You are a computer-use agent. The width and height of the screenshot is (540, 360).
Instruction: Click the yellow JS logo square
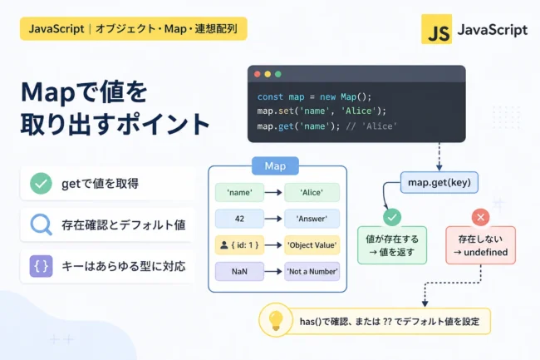click(436, 29)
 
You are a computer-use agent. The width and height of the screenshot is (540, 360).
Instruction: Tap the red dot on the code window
click(258, 74)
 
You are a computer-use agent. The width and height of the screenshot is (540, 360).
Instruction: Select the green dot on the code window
click(278, 74)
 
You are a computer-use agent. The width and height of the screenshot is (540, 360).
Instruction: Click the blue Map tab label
click(275, 166)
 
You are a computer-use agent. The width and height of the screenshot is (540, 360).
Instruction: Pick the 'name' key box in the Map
click(239, 192)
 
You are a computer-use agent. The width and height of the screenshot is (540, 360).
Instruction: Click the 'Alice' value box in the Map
click(312, 192)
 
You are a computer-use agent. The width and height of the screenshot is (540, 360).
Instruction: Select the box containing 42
click(239, 219)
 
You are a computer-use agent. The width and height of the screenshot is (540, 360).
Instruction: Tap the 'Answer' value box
click(312, 219)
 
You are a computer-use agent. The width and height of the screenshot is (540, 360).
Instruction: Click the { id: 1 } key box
click(239, 245)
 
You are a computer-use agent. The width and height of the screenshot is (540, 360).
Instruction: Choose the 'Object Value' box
click(312, 245)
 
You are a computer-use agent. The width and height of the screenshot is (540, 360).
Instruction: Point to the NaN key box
click(239, 272)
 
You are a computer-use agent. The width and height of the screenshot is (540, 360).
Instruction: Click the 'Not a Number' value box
click(312, 272)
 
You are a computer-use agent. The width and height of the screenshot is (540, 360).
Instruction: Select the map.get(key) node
click(439, 182)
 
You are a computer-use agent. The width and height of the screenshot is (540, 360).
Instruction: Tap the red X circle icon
click(480, 217)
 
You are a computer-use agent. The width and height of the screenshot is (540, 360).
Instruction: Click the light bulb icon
click(276, 320)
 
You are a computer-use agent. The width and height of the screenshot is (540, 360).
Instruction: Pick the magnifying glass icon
click(42, 225)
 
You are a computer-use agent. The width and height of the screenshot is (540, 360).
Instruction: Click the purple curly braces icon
click(41, 266)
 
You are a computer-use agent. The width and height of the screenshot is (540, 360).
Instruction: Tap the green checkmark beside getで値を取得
click(41, 183)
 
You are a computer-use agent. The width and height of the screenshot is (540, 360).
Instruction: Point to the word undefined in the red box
click(486, 253)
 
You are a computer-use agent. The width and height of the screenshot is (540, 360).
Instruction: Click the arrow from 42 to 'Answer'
click(274, 219)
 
